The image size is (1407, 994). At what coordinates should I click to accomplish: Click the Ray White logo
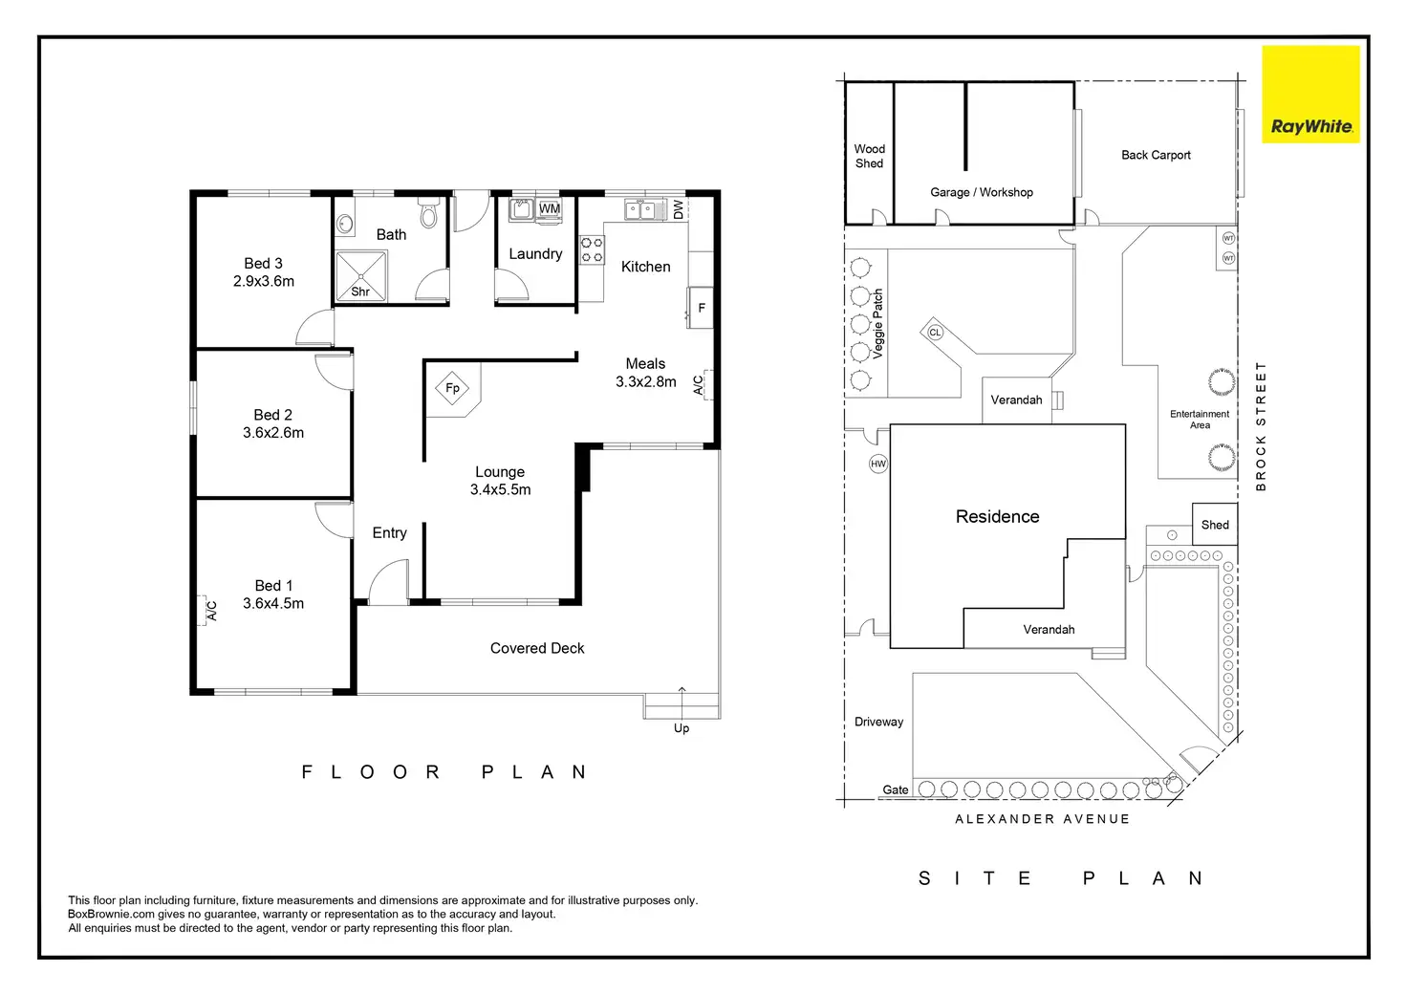(x=1310, y=95)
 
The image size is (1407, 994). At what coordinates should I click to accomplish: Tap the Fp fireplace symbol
(x=452, y=388)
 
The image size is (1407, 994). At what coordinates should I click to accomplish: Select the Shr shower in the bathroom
(x=361, y=275)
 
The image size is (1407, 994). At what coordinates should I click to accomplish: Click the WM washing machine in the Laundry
(x=549, y=208)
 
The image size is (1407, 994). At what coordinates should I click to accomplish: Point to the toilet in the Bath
(x=428, y=212)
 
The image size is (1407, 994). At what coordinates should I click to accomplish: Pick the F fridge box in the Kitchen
(x=701, y=308)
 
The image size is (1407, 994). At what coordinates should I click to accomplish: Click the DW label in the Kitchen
(x=678, y=209)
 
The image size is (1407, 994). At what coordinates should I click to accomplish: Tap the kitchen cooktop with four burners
(x=592, y=249)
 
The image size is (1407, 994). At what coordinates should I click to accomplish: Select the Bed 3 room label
(x=263, y=271)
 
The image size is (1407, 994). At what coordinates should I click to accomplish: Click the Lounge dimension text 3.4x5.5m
(x=501, y=489)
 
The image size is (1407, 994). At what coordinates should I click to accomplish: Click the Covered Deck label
(x=537, y=648)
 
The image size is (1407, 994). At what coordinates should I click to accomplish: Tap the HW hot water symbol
(x=878, y=465)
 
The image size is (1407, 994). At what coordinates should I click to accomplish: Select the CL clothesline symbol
(x=935, y=333)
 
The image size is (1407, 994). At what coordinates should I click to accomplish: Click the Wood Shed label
(x=869, y=156)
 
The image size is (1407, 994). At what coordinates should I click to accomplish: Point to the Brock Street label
(x=1261, y=426)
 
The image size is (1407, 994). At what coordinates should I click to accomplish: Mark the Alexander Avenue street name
(x=1042, y=819)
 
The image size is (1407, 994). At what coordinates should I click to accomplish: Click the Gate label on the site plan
(x=895, y=789)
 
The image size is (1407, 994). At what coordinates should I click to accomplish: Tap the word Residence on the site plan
(x=998, y=516)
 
